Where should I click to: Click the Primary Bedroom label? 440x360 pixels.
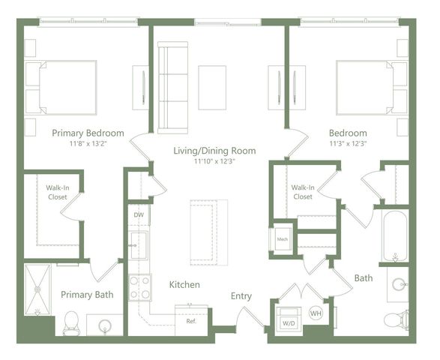point(88,133)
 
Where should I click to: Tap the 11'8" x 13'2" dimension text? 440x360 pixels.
point(88,144)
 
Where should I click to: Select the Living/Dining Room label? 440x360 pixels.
point(214,151)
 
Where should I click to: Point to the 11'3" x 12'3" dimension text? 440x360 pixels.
point(349,144)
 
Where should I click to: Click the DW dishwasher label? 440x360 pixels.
point(139,215)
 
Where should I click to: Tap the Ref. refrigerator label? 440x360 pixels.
point(191,321)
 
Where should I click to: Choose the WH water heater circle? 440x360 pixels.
point(316,313)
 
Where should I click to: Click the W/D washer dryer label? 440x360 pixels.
point(289,323)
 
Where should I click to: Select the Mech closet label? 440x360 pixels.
point(283,239)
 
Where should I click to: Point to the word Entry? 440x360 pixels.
point(241,296)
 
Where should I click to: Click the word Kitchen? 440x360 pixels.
point(184,284)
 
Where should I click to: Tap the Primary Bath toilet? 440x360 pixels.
point(71,323)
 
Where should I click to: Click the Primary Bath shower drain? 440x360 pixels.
point(37,289)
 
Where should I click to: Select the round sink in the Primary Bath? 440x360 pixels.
point(105,326)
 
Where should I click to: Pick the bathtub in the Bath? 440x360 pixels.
point(395,236)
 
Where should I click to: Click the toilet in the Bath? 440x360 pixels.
point(396,319)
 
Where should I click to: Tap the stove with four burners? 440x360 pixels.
point(140,287)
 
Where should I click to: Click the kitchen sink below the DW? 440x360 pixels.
point(139,245)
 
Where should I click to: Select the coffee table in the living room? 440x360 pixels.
point(212,88)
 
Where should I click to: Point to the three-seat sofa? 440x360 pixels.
point(172,88)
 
